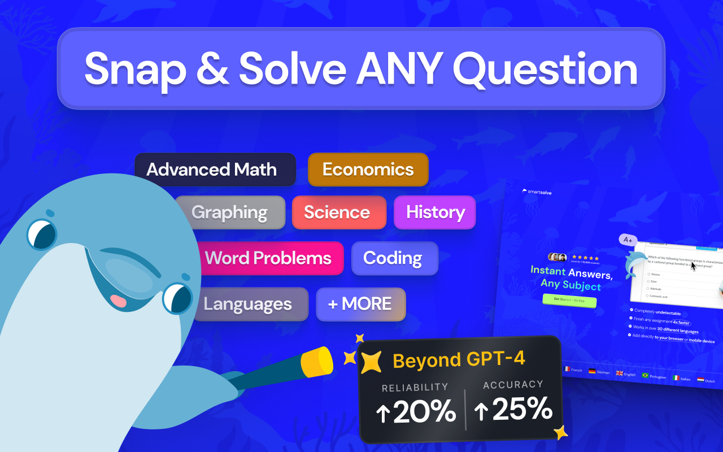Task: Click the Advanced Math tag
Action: coord(215,169)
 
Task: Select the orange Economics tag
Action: coord(368,169)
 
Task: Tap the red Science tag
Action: coord(338,212)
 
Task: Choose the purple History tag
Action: coord(435,212)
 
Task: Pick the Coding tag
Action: coord(394,258)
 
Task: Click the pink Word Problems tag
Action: coord(268,258)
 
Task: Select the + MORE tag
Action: coord(360,304)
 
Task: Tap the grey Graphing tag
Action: coord(229,212)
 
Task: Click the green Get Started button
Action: coord(569,300)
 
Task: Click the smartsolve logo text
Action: coord(539,192)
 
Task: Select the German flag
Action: coord(592,371)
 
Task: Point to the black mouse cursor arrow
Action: coord(693,265)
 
